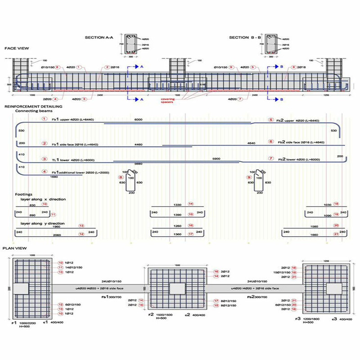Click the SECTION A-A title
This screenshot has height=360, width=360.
click(x=99, y=38)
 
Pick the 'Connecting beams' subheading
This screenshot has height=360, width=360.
click(x=32, y=110)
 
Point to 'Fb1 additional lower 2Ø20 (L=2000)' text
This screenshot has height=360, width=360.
click(x=79, y=171)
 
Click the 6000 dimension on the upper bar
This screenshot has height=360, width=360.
click(x=138, y=119)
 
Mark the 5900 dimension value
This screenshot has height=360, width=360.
click(x=216, y=159)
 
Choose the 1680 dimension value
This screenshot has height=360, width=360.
click(x=54, y=177)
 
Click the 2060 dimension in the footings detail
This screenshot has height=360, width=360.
click(x=57, y=234)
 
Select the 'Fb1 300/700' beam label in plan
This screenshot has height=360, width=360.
click(x=109, y=297)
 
